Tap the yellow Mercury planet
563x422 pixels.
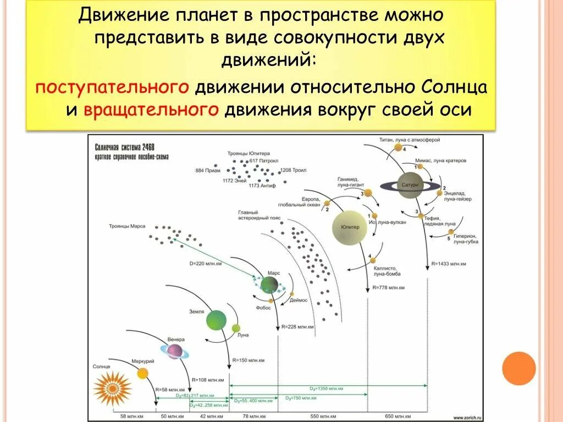click(x=142, y=374)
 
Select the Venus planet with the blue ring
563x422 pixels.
click(x=175, y=351)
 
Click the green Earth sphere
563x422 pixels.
click(x=216, y=320)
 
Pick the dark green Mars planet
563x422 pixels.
click(x=269, y=285)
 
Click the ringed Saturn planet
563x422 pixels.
click(x=410, y=186)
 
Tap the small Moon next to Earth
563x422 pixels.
click(x=236, y=329)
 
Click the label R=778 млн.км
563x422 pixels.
click(x=388, y=287)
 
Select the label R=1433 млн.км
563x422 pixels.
click(x=449, y=264)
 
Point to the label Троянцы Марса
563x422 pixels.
click(x=127, y=226)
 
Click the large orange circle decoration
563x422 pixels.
click(x=518, y=368)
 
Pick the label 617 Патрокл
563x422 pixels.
click(x=262, y=160)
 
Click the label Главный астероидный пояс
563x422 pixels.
click(x=258, y=215)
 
